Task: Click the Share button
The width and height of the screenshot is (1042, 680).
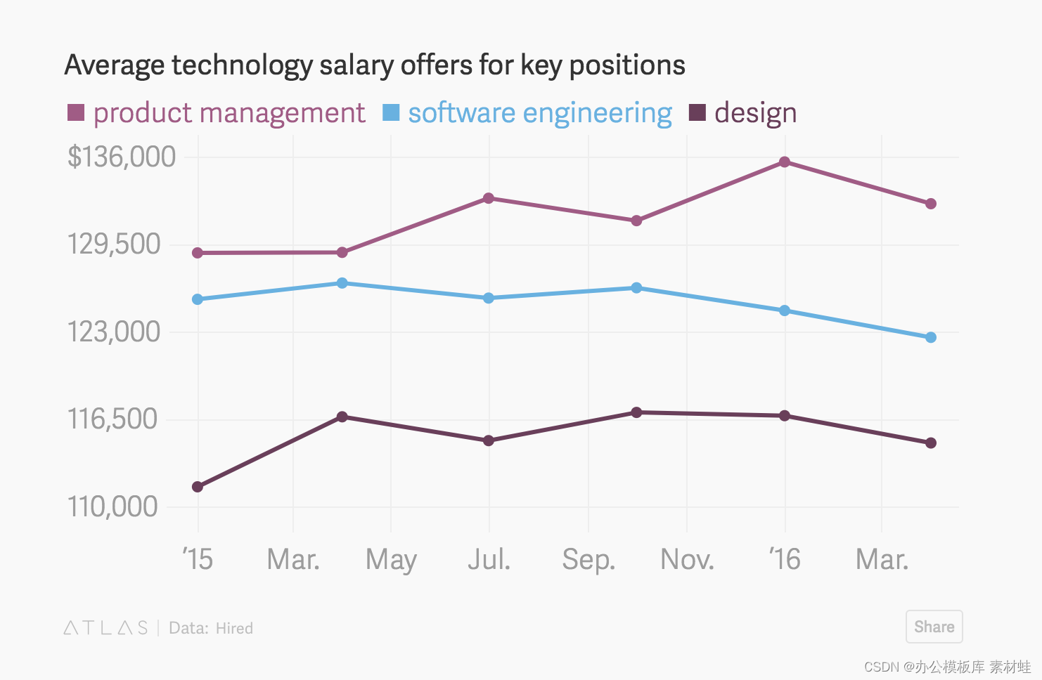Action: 934,627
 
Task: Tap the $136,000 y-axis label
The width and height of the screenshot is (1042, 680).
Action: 122,157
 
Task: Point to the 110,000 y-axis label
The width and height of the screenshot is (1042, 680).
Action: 112,506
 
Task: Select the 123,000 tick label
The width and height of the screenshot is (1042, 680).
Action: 113,332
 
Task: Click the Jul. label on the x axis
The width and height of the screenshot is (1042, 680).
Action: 489,558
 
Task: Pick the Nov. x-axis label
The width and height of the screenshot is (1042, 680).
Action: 687,558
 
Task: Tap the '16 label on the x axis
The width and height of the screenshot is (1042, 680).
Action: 785,558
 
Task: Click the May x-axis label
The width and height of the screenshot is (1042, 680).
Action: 391,560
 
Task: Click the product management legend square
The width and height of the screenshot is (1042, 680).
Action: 76,112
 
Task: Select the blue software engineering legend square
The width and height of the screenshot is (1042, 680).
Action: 391,112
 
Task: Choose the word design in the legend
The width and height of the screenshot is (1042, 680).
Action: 755,113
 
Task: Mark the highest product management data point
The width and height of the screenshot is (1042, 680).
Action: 785,162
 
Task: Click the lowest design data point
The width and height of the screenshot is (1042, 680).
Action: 198,487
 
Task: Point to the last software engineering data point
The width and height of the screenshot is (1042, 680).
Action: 931,337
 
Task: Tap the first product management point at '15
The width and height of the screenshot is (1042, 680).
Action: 198,253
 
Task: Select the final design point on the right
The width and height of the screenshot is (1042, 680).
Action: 931,443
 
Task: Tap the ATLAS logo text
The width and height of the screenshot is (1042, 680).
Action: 105,628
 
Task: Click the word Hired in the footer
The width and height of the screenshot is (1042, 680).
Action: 234,628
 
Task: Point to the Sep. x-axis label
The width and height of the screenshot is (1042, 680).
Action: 588,560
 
